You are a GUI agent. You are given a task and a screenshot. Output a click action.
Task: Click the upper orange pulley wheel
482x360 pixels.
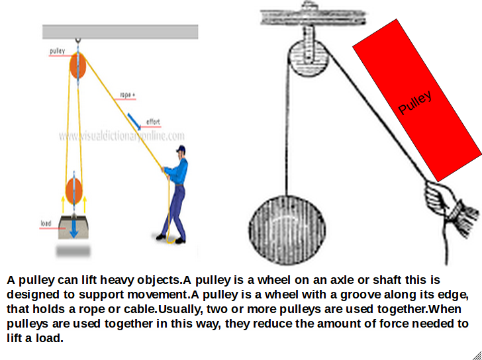click(78, 66)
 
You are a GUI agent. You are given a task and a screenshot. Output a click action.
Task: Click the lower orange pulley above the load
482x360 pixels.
click(75, 191)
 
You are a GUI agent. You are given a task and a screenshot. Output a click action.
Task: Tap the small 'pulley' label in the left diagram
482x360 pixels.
click(57, 51)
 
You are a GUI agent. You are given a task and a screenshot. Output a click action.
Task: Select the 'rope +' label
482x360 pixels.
click(127, 95)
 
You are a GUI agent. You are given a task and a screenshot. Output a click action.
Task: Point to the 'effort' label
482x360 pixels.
click(153, 121)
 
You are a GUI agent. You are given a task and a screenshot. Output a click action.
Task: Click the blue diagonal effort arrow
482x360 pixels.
click(136, 120)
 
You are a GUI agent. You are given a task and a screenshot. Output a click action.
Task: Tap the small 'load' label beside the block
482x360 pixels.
click(46, 224)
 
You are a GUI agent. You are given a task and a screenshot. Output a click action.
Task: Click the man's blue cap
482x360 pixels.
click(181, 150)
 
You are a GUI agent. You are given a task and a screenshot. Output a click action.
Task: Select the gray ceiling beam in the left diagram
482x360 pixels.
click(120, 32)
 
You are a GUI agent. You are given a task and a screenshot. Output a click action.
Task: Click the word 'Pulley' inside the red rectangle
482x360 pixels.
click(415, 103)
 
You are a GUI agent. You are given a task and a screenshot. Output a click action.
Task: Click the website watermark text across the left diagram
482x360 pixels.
click(121, 136)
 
